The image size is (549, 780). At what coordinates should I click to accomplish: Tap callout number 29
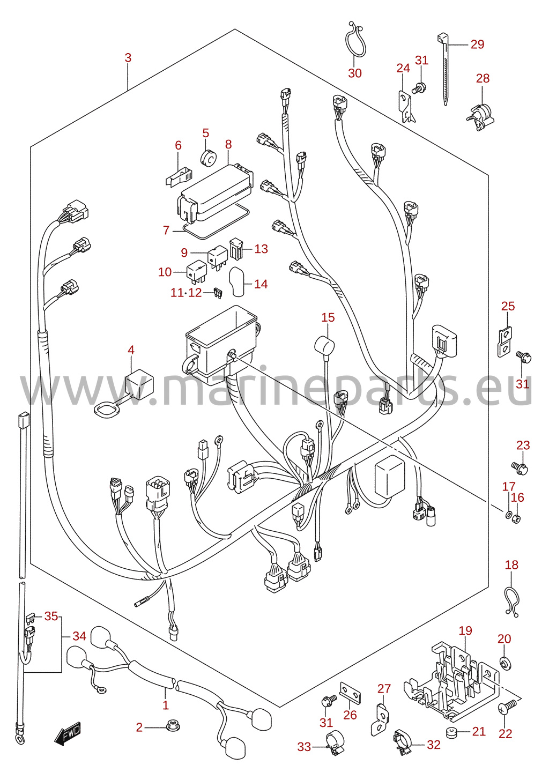click(477, 44)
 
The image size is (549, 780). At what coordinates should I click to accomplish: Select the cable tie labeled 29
click(444, 68)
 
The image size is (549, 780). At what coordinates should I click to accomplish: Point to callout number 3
click(128, 57)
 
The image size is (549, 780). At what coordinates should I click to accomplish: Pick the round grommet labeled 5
click(209, 158)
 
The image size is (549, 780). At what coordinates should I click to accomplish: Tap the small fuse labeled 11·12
click(218, 293)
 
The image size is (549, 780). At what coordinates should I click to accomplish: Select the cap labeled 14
click(237, 281)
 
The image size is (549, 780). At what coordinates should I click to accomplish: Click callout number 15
click(328, 317)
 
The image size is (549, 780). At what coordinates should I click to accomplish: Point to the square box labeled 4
click(139, 383)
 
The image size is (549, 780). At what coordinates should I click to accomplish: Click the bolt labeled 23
click(520, 467)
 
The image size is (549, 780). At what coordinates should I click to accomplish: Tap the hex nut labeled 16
click(517, 519)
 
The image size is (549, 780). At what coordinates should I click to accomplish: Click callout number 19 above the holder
click(465, 630)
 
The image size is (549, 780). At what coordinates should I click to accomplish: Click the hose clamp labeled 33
click(335, 745)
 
